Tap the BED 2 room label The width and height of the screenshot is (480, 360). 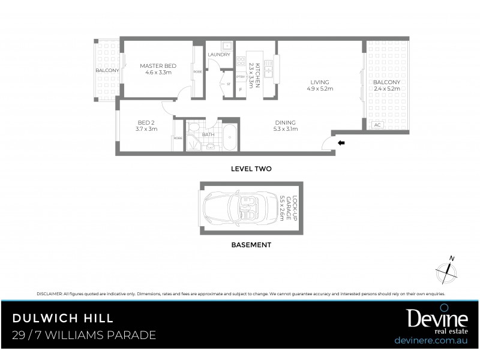(146, 124)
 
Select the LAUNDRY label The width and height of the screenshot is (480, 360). (219, 55)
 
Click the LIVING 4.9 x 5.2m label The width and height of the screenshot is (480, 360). (320, 86)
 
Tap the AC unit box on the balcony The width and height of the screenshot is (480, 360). (377, 125)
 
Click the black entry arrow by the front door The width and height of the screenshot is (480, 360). (341, 143)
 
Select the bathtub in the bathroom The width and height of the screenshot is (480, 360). (229, 137)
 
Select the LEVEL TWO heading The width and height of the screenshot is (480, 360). (251, 169)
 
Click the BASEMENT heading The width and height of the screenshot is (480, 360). (251, 245)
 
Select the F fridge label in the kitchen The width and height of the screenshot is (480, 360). (241, 89)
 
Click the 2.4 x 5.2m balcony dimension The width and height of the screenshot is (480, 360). (387, 89)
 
